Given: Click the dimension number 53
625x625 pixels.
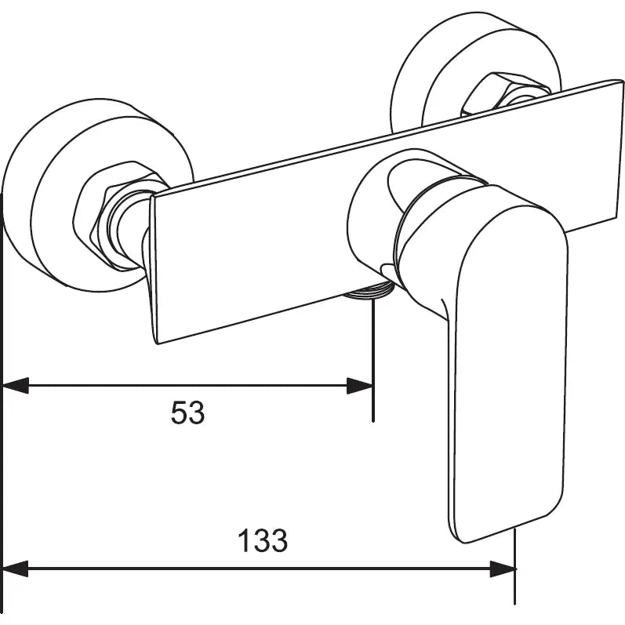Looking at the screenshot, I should [x=187, y=412].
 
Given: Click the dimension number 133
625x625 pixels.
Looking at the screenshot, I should [x=263, y=540].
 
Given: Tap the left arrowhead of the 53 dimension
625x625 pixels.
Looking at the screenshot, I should [x=16, y=385].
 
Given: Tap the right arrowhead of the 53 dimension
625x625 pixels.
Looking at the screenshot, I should [x=360, y=385].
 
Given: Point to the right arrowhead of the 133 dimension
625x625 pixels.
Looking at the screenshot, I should [x=503, y=569].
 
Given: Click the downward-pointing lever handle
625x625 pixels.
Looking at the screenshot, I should [x=502, y=353].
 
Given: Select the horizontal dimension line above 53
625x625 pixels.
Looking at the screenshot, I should [x=188, y=385].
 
